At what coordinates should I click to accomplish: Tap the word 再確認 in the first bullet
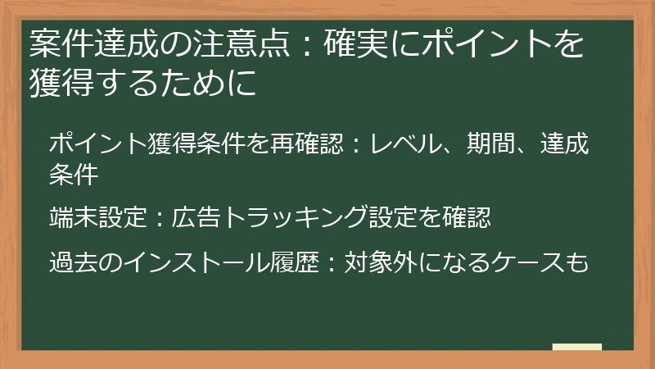[x=311, y=146]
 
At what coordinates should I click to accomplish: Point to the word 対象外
[x=382, y=262]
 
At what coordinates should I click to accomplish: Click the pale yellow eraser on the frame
[x=576, y=347]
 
